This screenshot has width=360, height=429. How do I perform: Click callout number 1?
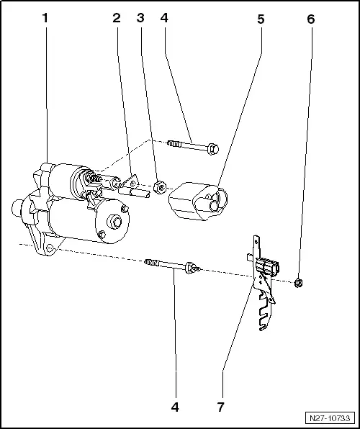click(x=45, y=19)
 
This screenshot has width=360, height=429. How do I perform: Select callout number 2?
click(x=116, y=19)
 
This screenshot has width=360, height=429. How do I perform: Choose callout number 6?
click(x=310, y=19)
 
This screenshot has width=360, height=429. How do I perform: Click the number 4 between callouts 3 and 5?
click(x=165, y=19)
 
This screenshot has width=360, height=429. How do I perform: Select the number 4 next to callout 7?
click(x=174, y=407)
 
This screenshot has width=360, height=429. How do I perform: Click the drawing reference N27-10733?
click(x=330, y=418)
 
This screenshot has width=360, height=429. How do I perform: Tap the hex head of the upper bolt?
click(x=213, y=150)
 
